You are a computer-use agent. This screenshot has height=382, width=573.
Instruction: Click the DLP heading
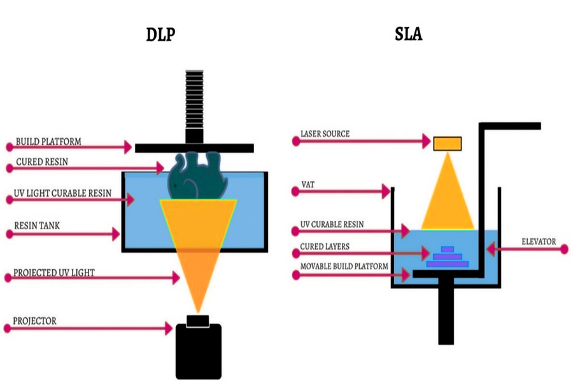point(159,34)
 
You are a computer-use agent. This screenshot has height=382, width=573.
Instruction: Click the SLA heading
point(408,34)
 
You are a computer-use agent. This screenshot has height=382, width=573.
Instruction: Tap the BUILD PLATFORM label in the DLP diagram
point(48,141)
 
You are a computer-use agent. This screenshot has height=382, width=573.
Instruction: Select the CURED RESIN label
point(42,162)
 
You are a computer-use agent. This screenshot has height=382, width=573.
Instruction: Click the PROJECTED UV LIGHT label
point(53,273)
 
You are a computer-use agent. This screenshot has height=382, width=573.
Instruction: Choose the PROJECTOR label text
point(35,321)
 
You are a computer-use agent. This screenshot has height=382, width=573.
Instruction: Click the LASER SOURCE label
point(325,134)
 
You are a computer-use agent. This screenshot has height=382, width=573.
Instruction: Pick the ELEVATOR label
point(538,241)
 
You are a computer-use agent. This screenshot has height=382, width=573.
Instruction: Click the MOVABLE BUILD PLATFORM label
point(344,266)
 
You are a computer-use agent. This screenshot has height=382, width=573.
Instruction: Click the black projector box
point(198,350)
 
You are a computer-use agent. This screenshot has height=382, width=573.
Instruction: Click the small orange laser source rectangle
point(448,143)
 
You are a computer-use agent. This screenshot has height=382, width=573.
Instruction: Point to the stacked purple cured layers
point(447,256)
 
